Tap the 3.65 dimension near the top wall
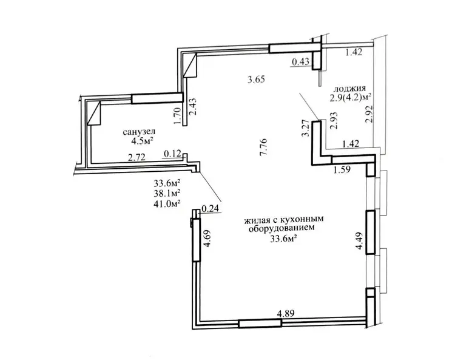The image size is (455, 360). pos(256,80)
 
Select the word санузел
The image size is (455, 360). pos(139,132)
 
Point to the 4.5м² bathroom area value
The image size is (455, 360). pos(142,141)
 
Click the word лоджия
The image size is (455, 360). pos(350,89)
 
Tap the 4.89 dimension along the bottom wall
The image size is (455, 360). pos(286,314)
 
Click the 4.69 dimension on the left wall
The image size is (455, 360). pos(207,239)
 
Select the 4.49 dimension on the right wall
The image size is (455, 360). pos(360,240)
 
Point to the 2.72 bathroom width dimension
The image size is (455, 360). pos(137,158)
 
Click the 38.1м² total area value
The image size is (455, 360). pos(167,193)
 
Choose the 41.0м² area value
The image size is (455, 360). pos(167,203)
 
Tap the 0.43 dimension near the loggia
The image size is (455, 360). pos(301,61)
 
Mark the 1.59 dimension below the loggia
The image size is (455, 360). pos(342,169)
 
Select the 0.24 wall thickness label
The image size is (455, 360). pos(210,208)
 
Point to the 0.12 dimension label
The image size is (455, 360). pos(173,154)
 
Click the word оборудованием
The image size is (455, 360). pos(281,228)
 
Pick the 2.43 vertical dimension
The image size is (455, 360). pos(194,107)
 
